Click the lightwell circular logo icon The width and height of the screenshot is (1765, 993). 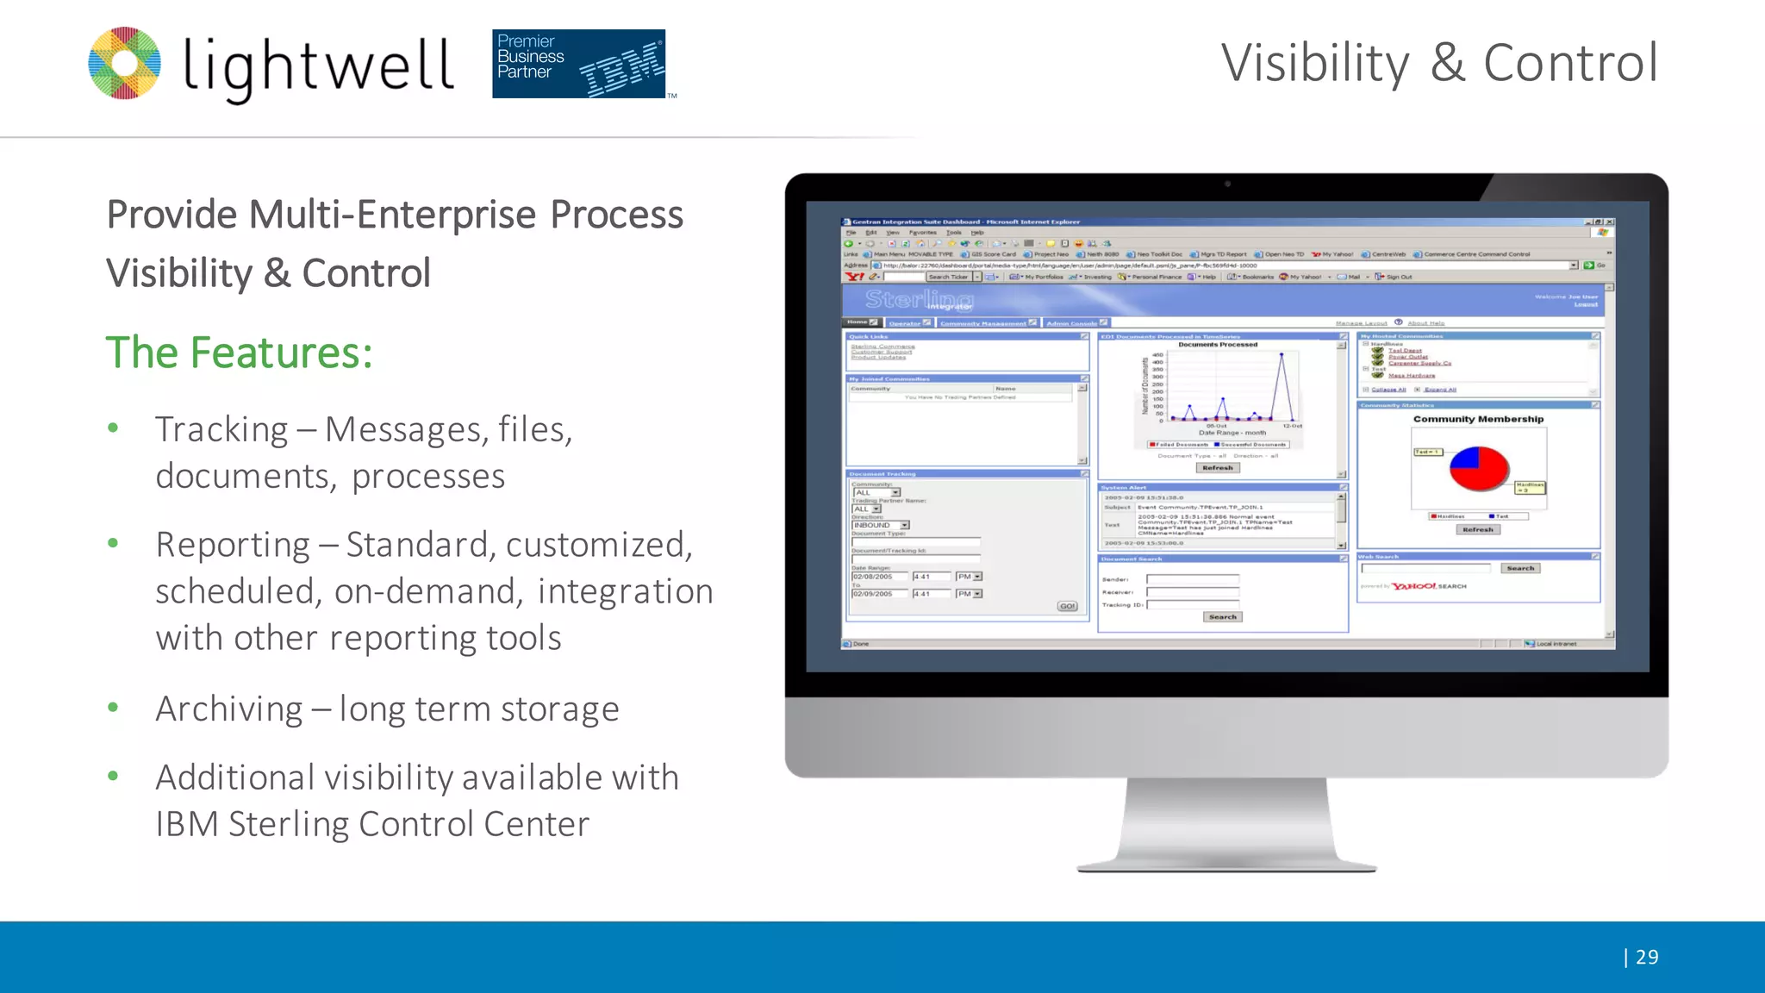click(x=125, y=63)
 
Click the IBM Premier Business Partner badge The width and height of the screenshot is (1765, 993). click(x=578, y=64)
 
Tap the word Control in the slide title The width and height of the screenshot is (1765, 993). click(x=1569, y=63)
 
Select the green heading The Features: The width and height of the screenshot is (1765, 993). click(x=239, y=353)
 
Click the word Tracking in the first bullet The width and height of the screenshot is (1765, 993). click(x=221, y=429)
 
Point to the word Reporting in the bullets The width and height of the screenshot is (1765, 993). click(x=233, y=545)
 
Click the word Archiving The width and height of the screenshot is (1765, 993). click(x=229, y=709)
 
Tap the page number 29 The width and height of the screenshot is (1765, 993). click(x=1646, y=957)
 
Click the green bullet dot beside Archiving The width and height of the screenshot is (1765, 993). click(x=113, y=708)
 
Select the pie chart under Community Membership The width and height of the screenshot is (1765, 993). click(x=1479, y=468)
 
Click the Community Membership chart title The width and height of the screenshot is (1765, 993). click(x=1478, y=419)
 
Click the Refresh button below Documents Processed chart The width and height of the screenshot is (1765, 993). click(x=1218, y=468)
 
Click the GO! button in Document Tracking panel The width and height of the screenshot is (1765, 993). click(x=1068, y=606)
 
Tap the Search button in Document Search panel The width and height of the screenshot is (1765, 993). click(x=1222, y=617)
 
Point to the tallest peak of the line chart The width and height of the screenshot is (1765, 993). click(x=1282, y=354)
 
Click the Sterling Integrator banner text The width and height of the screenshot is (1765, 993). click(x=919, y=300)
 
